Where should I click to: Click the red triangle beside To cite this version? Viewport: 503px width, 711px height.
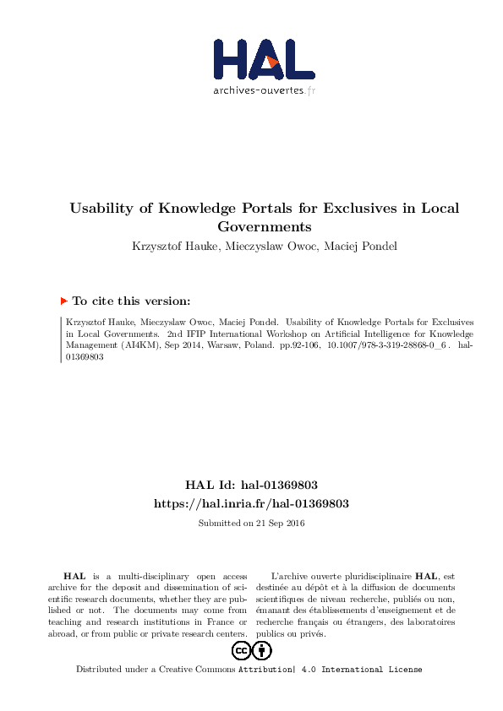[x=63, y=300]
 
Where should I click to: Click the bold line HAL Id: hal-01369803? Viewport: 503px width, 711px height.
[x=251, y=486]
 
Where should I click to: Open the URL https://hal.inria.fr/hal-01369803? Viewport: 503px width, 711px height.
[x=251, y=503]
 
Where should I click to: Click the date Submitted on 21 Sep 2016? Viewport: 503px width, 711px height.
[x=251, y=524]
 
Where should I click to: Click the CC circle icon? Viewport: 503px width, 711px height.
[x=240, y=650]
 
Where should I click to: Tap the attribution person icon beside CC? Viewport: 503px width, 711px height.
[x=262, y=650]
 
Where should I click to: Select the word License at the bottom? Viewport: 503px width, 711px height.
[x=404, y=670]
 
